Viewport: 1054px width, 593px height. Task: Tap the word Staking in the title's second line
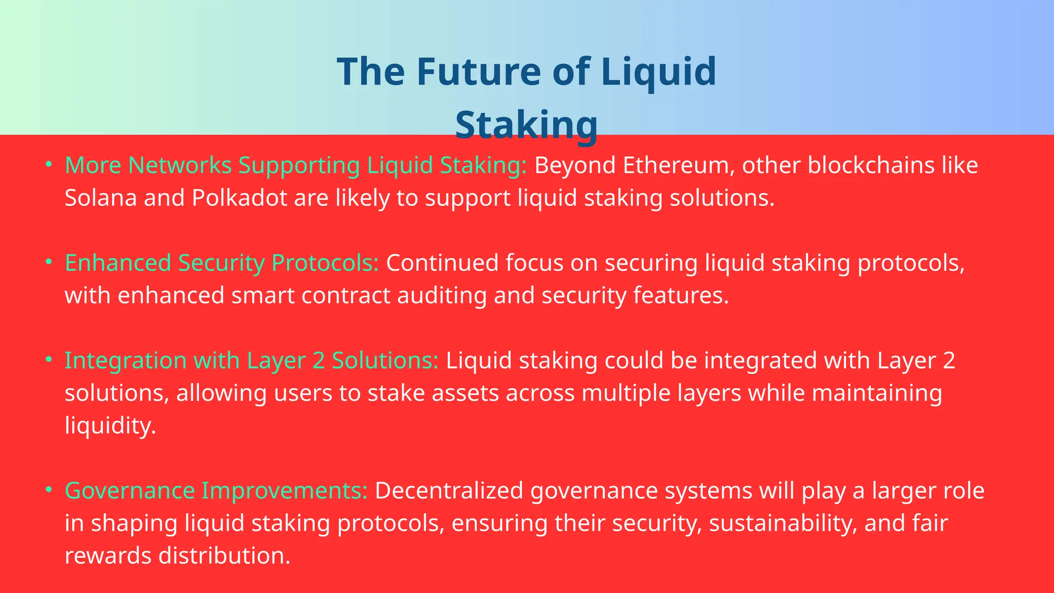[526, 125]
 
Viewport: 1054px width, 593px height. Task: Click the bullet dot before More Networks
[49, 164]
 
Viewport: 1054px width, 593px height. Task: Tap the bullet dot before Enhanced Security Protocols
[49, 261]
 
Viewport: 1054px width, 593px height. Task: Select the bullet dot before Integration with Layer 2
[49, 359]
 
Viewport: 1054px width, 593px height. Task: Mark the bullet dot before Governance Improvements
[49, 489]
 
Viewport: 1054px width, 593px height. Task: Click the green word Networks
[180, 165]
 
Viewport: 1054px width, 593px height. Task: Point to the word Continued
[442, 263]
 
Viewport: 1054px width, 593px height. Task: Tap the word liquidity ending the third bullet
[110, 426]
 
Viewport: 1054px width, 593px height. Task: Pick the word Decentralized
[449, 491]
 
